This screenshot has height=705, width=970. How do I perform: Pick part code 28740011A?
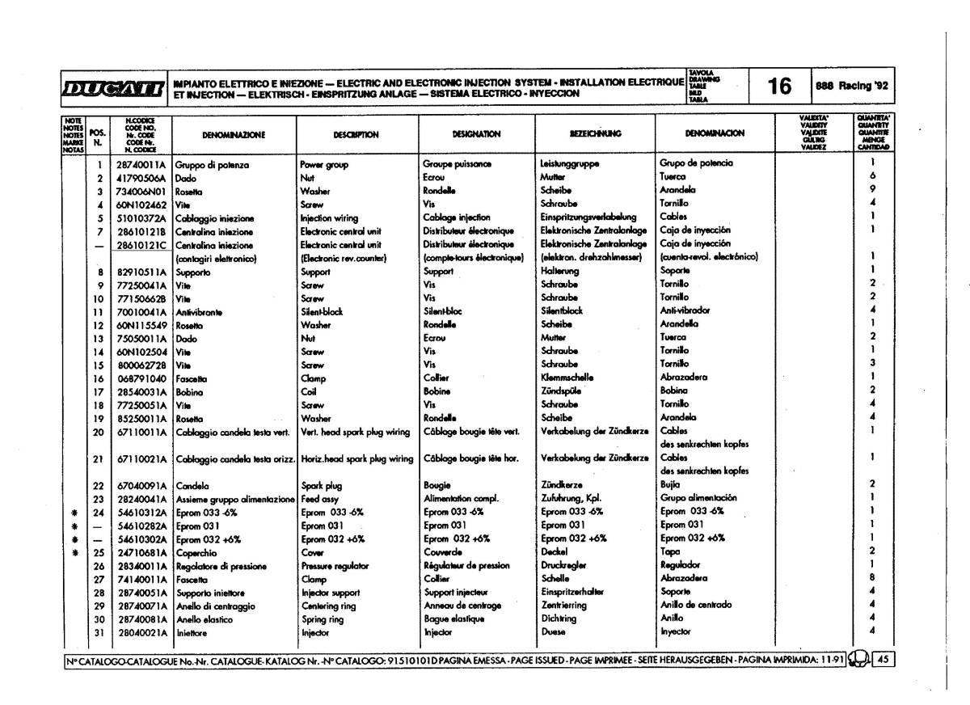[141, 164]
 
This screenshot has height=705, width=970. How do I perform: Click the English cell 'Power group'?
[324, 164]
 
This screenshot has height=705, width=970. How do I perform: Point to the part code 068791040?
[141, 378]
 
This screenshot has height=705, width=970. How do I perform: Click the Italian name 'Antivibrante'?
[199, 310]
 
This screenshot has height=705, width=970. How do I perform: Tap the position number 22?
[99, 485]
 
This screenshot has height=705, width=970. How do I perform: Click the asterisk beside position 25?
[74, 552]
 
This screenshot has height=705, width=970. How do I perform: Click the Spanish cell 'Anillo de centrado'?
[696, 606]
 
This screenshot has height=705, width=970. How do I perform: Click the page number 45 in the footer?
[883, 659]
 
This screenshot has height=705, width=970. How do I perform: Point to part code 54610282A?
[141, 526]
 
